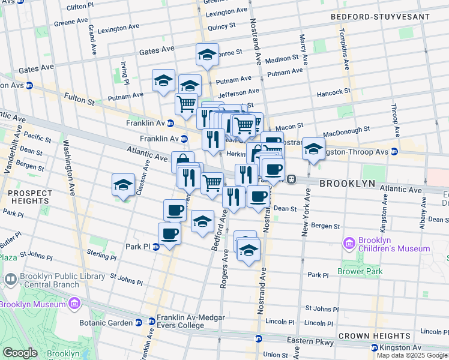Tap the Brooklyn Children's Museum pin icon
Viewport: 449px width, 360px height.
click(349, 244)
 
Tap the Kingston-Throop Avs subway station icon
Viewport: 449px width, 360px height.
click(394, 151)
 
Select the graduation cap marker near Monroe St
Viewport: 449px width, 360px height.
click(207, 55)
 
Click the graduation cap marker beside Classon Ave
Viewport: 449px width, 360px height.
click(123, 185)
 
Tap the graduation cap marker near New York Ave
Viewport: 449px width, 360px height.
click(313, 149)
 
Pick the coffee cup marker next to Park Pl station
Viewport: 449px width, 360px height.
click(169, 234)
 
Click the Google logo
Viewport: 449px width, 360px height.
click(20, 353)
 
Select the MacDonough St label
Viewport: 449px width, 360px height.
click(346, 132)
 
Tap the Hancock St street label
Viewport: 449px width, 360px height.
click(333, 92)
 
